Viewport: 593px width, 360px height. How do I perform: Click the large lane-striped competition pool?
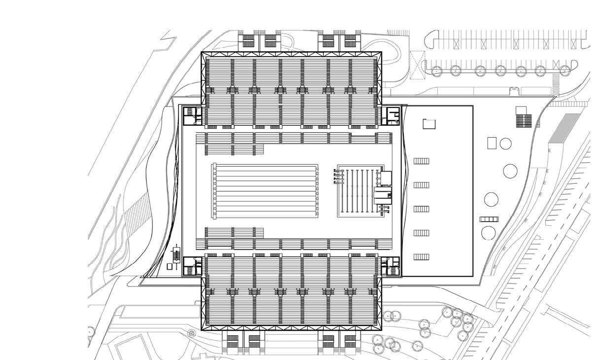tap(265, 191)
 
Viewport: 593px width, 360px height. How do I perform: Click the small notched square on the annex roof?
tap(429, 123)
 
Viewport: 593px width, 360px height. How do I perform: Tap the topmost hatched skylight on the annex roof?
tap(421, 161)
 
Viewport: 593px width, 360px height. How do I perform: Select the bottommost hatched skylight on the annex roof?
tap(421, 257)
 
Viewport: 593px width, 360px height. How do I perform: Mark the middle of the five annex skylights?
tap(421, 209)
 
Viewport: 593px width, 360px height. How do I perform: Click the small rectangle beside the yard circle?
tap(492, 143)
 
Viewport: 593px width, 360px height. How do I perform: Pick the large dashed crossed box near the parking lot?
tap(418, 65)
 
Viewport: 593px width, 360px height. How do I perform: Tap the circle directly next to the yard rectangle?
tap(505, 144)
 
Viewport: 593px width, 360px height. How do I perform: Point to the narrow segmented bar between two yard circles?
tap(489, 219)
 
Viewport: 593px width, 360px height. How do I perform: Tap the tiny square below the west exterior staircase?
tap(170, 267)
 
